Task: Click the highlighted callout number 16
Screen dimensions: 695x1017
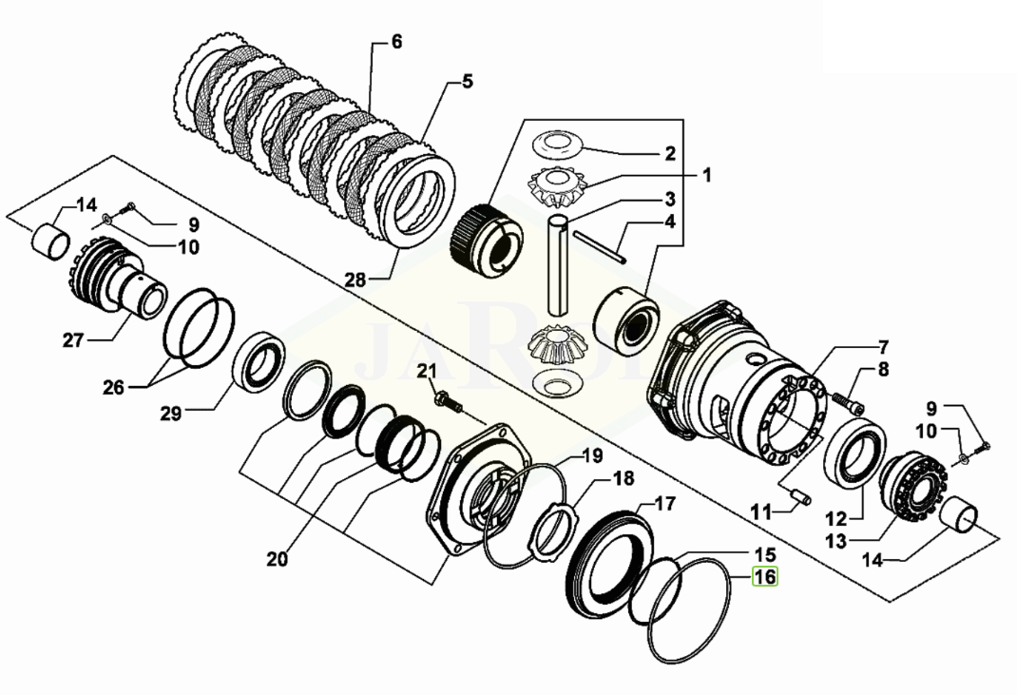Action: (765, 576)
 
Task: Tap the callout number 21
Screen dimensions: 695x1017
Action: (427, 371)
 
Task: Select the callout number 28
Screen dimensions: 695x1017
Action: (355, 280)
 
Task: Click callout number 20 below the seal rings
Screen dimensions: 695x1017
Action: (277, 559)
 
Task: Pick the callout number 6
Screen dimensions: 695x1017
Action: (396, 42)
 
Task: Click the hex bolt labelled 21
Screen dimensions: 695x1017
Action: (447, 403)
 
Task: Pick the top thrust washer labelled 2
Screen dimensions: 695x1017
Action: (559, 143)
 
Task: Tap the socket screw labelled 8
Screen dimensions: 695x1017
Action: (848, 404)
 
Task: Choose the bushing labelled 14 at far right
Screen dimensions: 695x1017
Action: (963, 514)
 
